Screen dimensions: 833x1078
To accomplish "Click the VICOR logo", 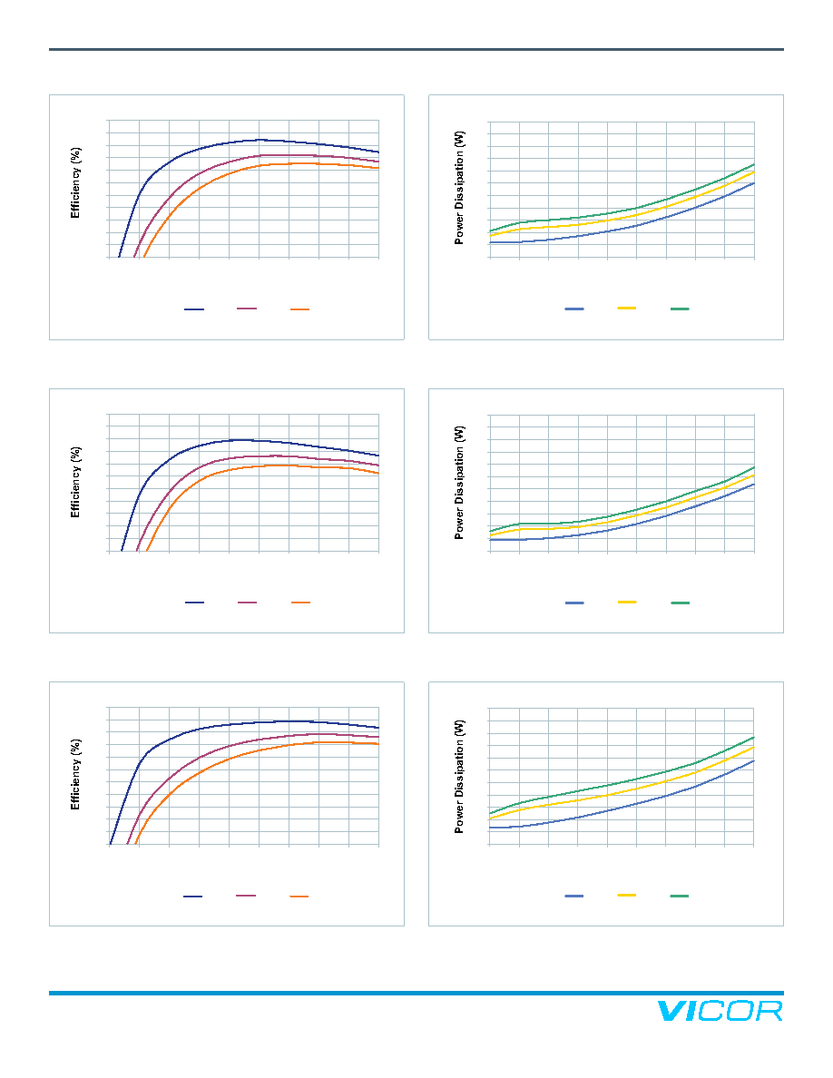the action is [x=720, y=1011].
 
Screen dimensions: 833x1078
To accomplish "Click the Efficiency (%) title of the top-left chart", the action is [x=75, y=183].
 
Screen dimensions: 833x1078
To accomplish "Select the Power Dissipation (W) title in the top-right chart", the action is [x=459, y=188].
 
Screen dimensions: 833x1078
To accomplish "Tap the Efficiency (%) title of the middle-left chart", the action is [x=75, y=482].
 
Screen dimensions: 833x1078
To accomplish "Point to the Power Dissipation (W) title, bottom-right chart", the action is [x=459, y=777].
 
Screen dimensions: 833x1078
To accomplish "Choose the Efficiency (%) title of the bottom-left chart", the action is [x=75, y=775].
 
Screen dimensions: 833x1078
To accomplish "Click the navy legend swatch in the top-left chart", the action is [x=194, y=309].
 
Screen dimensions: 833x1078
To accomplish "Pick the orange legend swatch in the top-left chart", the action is [x=299, y=309].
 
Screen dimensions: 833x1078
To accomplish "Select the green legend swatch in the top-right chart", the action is [x=680, y=309].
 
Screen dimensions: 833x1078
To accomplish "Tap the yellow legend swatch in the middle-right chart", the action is [x=627, y=602].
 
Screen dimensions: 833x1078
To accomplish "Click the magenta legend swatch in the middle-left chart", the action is [x=247, y=603].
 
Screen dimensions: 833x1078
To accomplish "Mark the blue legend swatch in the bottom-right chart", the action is [x=573, y=896].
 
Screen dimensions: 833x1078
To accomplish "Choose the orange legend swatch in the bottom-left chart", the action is [x=299, y=897].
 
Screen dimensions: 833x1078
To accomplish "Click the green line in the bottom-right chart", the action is [x=622, y=782].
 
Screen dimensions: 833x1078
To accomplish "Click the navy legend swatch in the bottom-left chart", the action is [x=193, y=897].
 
